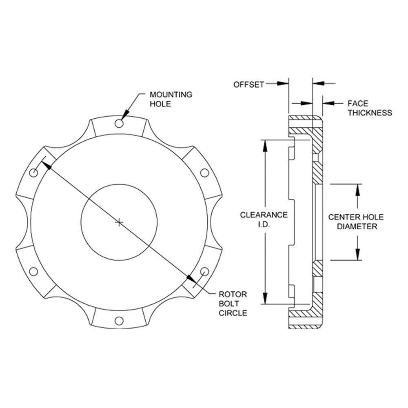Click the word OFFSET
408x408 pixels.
248,84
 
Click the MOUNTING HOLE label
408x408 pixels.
171,99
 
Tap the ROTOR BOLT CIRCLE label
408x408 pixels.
233,304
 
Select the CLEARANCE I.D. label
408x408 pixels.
264,220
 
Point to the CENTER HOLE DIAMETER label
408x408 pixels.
356,222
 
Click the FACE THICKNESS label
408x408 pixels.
370,108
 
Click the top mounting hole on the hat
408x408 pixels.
119,123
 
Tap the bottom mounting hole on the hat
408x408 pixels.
119,321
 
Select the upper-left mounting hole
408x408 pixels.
33,173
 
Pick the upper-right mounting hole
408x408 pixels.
204,173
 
